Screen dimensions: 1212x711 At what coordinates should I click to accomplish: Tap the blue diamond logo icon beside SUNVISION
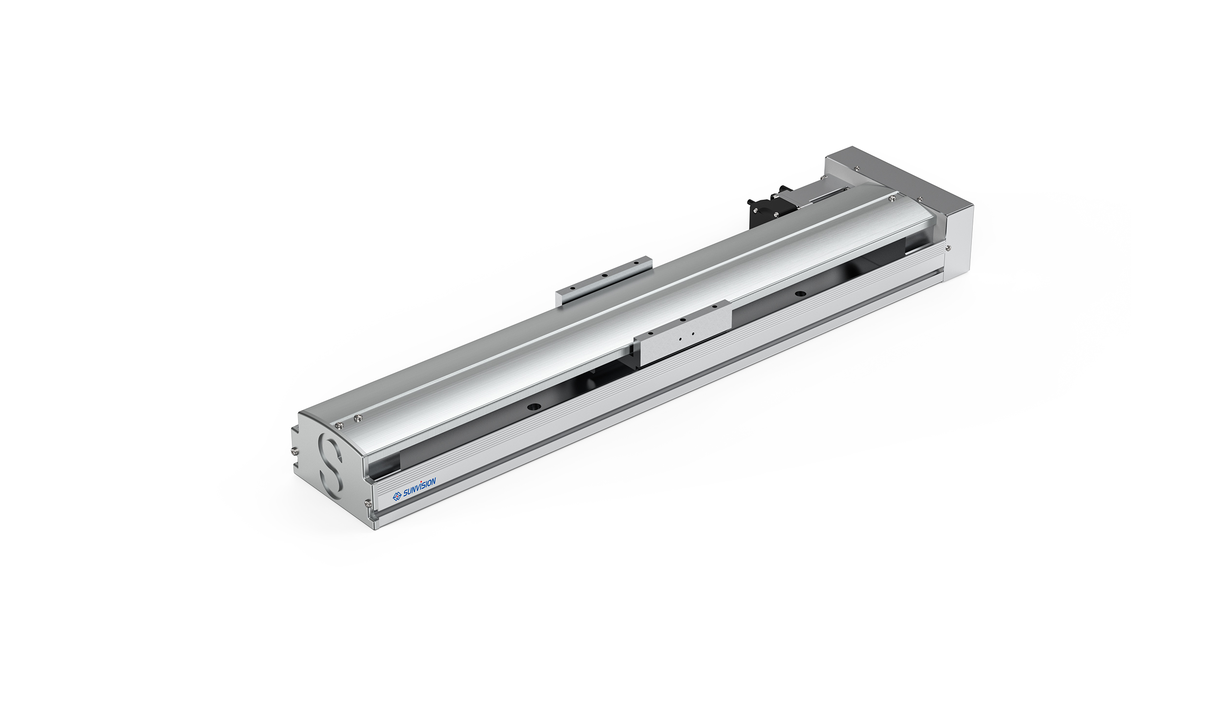tap(397, 496)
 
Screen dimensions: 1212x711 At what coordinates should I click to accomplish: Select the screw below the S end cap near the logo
tap(367, 504)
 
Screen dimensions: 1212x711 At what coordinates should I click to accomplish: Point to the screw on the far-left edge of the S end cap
tap(294, 451)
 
